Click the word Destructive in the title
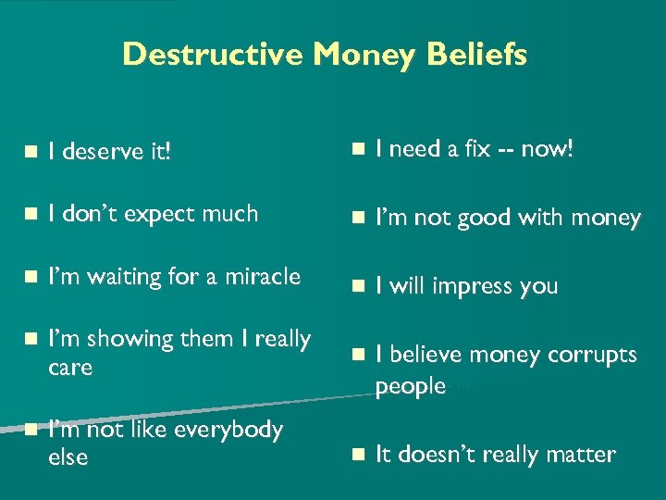point(214,55)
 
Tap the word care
point(70,368)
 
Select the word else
point(68,456)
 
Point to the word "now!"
point(548,149)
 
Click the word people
point(411,385)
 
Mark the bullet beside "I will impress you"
point(357,286)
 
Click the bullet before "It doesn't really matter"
point(357,455)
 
